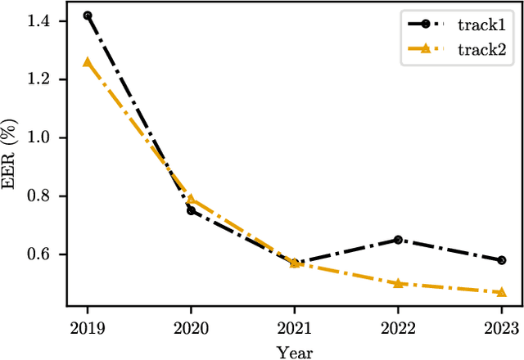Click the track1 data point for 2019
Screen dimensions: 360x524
(x=88, y=16)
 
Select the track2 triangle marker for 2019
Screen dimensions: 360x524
(x=88, y=61)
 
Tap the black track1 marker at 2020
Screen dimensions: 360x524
(x=191, y=210)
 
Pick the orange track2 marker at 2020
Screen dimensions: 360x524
(x=191, y=199)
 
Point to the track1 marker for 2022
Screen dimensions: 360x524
(x=398, y=240)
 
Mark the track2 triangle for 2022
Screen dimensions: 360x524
(x=398, y=283)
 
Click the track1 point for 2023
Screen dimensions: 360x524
(x=501, y=260)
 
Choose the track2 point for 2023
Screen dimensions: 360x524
(x=501, y=291)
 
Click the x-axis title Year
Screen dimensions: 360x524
(x=295, y=349)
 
